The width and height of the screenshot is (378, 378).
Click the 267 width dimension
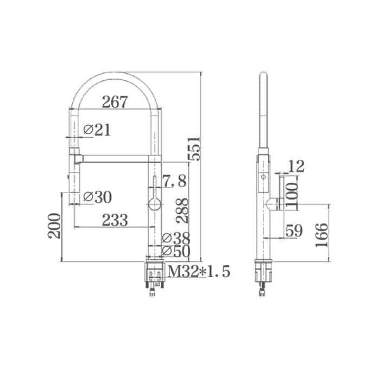coord(114,101)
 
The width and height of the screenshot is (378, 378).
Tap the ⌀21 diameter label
coord(98,130)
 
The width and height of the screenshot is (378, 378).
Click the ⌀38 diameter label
coord(176,238)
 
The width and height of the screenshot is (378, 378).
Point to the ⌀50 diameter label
coord(176,251)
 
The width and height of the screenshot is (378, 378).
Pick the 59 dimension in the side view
coord(294,232)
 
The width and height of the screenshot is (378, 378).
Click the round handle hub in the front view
coord(154,204)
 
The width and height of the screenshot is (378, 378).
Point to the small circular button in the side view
coord(263,177)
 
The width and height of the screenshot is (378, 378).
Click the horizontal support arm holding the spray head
coord(117,158)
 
